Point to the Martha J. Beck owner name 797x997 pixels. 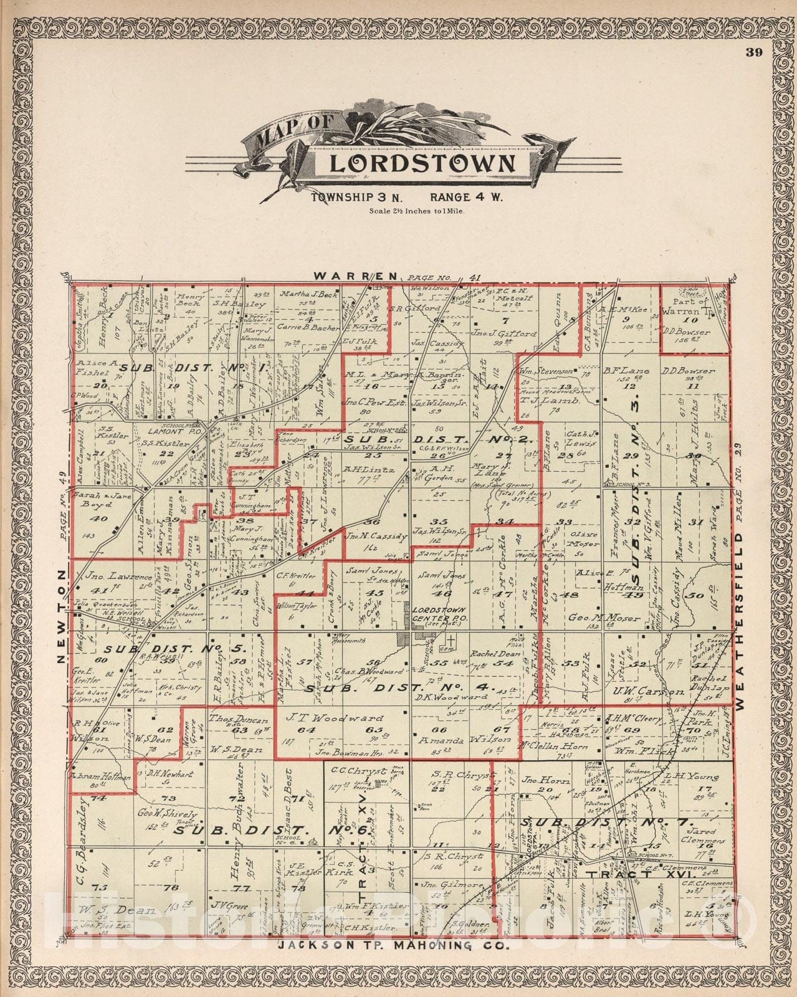[308, 293]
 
